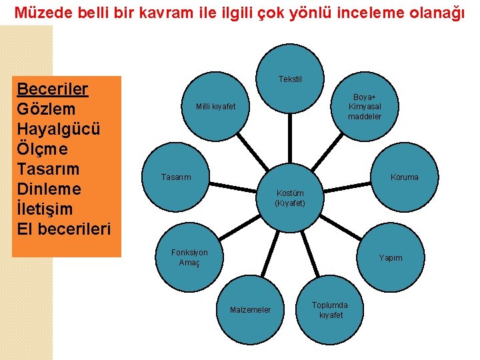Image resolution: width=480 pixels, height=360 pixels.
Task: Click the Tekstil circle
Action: point(290,79)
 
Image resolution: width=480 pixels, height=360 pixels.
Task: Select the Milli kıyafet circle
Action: point(215,107)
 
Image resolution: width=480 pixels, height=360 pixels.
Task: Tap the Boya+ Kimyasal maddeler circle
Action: point(364,107)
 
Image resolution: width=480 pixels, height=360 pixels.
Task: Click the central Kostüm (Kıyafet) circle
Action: point(290,197)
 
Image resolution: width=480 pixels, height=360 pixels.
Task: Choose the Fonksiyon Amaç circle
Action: point(189,257)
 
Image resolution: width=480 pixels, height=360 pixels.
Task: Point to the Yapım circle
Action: point(391,257)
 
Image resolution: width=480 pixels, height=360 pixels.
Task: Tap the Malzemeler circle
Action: point(250,309)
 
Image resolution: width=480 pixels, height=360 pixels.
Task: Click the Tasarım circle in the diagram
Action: point(176,177)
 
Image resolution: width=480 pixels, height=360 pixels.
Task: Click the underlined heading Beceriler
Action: point(53,89)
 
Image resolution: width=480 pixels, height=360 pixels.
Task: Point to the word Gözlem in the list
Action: point(46,109)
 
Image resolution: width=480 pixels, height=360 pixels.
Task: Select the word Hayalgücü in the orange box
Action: point(59,129)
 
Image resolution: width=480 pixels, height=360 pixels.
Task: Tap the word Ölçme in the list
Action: point(43,149)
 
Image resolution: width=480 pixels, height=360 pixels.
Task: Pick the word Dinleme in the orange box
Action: point(49,189)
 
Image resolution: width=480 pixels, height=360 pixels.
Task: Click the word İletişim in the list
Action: point(45,209)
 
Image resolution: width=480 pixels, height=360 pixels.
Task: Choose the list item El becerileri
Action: point(64,229)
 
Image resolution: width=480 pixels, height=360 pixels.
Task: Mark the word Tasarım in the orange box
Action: point(48,169)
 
